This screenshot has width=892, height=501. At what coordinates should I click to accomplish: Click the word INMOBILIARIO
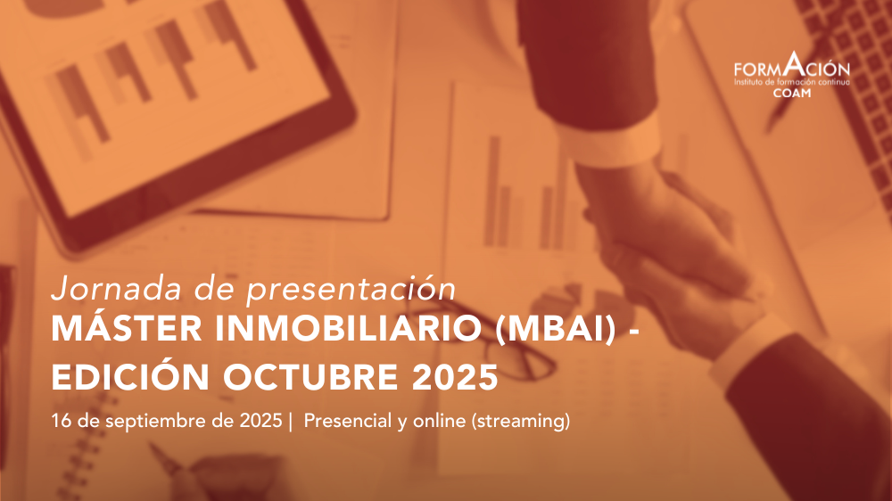click(348, 329)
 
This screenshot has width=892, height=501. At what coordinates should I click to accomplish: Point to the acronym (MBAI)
click(556, 330)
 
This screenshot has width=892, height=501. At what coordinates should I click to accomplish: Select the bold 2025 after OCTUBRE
click(455, 377)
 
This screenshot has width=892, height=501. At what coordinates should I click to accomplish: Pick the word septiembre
click(156, 422)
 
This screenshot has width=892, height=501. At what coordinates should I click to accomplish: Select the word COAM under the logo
click(792, 94)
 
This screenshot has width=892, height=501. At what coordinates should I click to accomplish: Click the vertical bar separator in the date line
click(291, 422)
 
